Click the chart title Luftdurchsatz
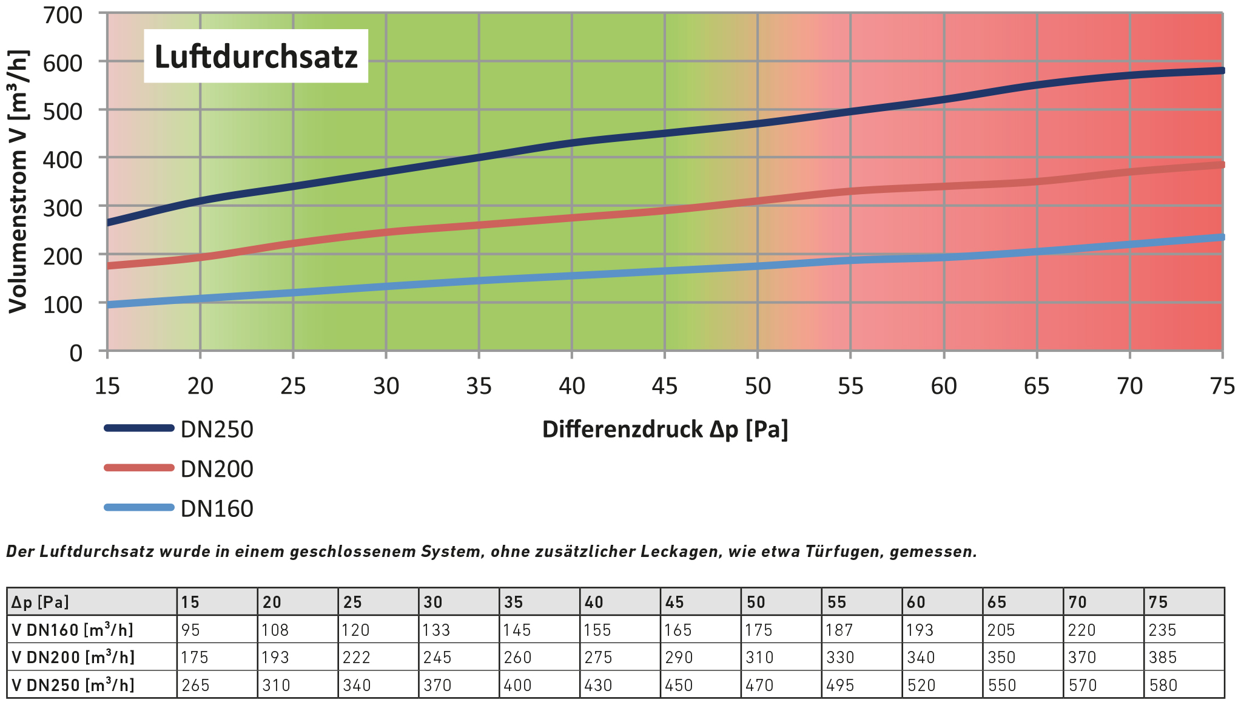coord(256,56)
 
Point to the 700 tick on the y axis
coord(62,15)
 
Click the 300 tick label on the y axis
coord(62,208)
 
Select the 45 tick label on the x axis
coord(665,386)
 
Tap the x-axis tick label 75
coord(1222,386)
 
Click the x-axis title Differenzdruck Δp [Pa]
coord(665,430)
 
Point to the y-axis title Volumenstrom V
coord(18,182)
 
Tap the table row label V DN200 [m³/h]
coord(73,657)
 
